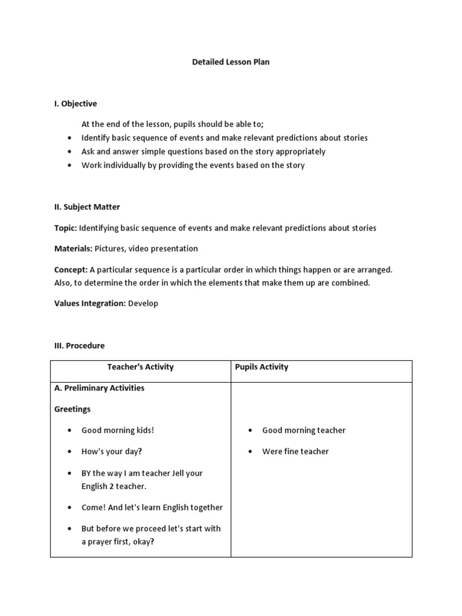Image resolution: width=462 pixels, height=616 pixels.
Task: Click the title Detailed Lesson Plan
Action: coord(230,62)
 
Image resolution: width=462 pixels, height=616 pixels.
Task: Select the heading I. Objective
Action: coord(75,103)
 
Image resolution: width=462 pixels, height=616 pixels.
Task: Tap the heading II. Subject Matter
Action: coord(87,207)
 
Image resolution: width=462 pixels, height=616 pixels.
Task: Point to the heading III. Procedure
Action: coord(79,346)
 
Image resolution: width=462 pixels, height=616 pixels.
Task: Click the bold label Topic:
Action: coord(65,228)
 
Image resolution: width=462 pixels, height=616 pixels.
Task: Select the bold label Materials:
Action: coord(73,248)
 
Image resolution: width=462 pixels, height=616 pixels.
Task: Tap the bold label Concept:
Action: coord(71,269)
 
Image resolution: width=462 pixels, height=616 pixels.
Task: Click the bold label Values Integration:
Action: coord(90,304)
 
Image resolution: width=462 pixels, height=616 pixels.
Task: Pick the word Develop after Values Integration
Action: coord(143,304)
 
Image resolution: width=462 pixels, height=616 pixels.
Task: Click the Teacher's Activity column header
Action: coord(140,367)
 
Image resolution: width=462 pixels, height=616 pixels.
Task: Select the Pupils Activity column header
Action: coord(262,367)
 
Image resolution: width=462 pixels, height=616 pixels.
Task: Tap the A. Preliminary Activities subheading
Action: coord(99,388)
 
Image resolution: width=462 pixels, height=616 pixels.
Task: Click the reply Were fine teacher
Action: coord(295,451)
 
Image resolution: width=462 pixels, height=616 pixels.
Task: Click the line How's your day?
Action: coord(112,451)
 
